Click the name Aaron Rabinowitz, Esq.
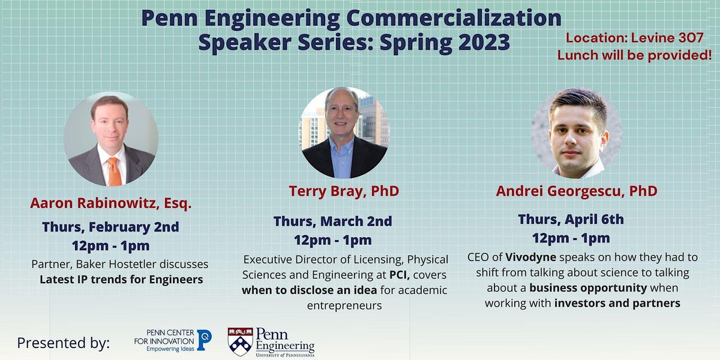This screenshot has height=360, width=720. pyautogui.click(x=111, y=203)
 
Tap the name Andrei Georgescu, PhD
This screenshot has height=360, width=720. pyautogui.click(x=576, y=191)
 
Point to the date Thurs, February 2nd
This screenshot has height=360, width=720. pyautogui.click(x=110, y=227)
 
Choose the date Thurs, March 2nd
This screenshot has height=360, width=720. pyautogui.click(x=332, y=221)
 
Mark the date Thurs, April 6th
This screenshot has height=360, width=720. pyautogui.click(x=571, y=219)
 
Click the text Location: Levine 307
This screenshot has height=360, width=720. pyautogui.click(x=634, y=38)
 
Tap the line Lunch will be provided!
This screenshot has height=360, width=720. pyautogui.click(x=634, y=55)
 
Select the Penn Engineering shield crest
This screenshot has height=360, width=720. pyautogui.click(x=239, y=341)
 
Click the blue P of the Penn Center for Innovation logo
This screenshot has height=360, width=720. pyautogui.click(x=204, y=340)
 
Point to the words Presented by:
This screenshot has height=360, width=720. pyautogui.click(x=64, y=343)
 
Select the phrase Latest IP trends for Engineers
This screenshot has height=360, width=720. pyautogui.click(x=121, y=279)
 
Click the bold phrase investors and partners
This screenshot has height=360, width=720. pyautogui.click(x=618, y=303)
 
